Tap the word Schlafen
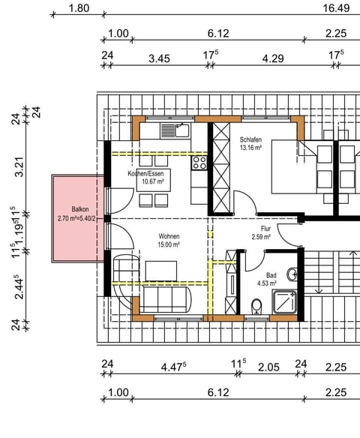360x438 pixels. (251, 139)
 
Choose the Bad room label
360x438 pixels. (270, 275)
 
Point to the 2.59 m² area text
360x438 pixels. (265, 237)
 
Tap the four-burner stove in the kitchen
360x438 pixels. (200, 162)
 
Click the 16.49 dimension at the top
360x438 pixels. (336, 9)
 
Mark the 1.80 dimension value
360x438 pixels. (79, 9)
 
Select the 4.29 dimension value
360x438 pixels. (272, 57)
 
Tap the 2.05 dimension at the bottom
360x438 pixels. (268, 367)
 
